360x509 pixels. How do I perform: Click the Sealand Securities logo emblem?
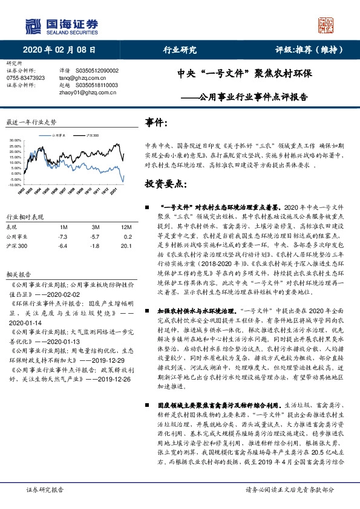coord(32,25)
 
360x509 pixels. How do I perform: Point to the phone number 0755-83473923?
coord(25,78)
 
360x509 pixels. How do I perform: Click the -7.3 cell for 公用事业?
coord(62,238)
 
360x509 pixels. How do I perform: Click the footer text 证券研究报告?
coord(44,489)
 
